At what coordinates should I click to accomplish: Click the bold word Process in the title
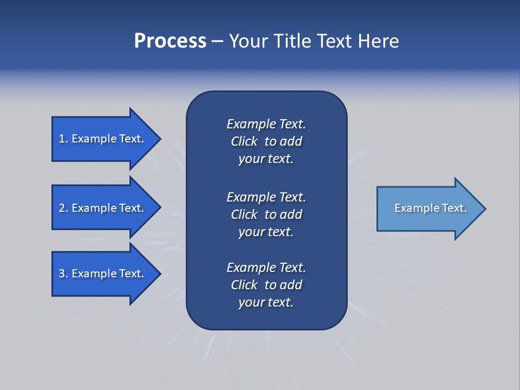[x=170, y=41]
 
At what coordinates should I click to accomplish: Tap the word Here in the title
[x=378, y=41]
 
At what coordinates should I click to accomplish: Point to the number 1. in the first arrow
[x=63, y=139]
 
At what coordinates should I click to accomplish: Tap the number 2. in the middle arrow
[x=63, y=208]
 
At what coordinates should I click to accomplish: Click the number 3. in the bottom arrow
[x=63, y=274]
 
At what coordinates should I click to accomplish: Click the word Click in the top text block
[x=244, y=141]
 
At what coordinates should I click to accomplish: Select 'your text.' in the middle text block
[x=266, y=232]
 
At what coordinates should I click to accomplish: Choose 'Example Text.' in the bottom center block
[x=266, y=268]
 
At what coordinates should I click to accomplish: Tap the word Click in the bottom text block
[x=244, y=285]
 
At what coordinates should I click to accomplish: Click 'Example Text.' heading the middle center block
[x=266, y=197]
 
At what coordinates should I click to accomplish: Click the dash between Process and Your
[x=217, y=42]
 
